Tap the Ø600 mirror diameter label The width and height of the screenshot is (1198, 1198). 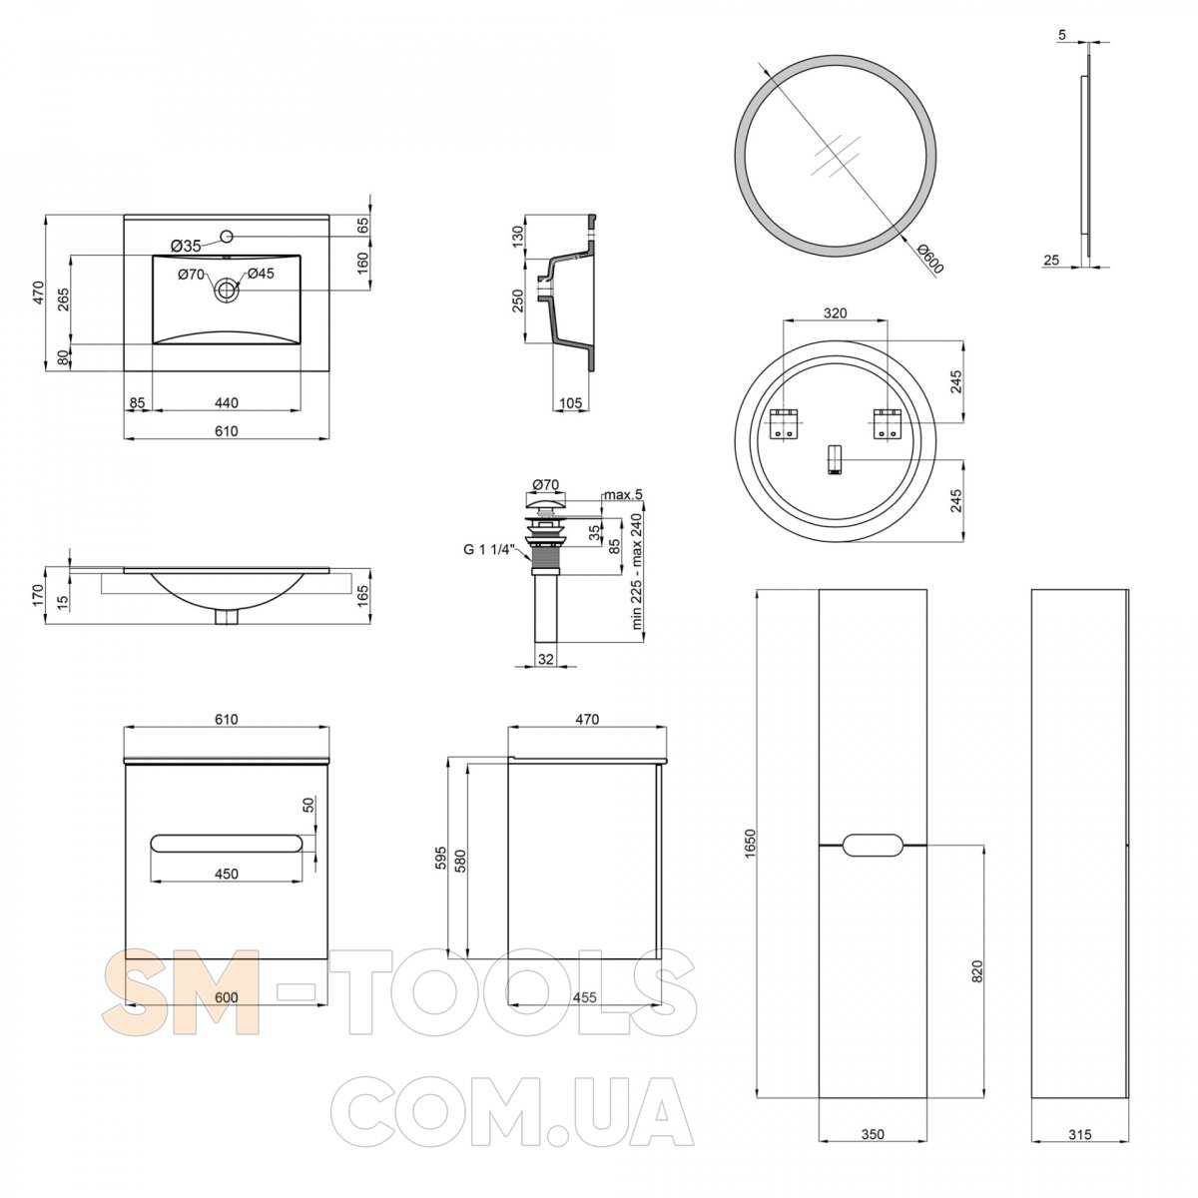coord(930,260)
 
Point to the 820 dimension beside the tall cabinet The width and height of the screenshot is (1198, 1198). coord(976,971)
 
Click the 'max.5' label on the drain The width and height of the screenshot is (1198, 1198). coord(623,495)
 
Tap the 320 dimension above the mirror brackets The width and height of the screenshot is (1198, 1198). coord(835,313)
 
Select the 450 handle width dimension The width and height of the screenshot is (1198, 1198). coord(227,874)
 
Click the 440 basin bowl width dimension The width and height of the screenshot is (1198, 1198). coord(227,403)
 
